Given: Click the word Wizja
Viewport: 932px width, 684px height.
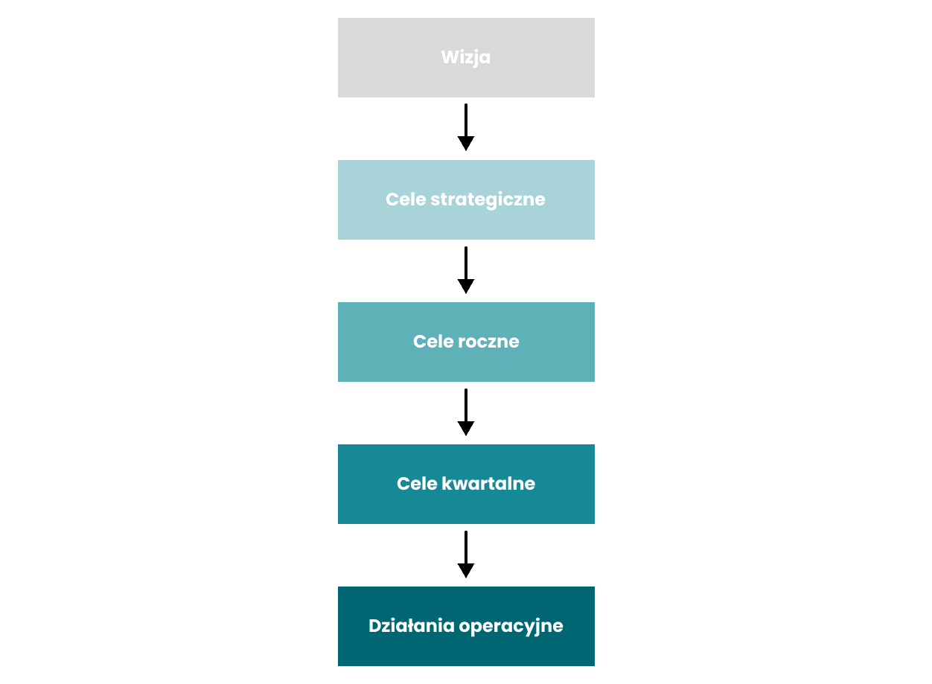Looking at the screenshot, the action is coord(465,57).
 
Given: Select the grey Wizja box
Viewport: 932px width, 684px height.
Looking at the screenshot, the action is coord(466,57).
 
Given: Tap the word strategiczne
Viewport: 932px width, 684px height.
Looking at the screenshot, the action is coord(488,199).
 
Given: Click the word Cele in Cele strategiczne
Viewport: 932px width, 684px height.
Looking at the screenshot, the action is coord(406,199).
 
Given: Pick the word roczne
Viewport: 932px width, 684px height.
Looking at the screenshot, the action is coord(488,342).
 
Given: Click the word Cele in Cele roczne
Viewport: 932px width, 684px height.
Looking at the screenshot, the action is coord(433,342).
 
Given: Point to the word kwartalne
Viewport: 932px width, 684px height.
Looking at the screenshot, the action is coord(488,484).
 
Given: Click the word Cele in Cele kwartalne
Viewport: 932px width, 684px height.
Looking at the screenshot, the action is coord(417,484).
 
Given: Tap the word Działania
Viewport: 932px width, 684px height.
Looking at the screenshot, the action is coord(411,626).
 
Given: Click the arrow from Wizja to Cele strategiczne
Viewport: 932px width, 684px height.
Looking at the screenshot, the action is coord(466,127).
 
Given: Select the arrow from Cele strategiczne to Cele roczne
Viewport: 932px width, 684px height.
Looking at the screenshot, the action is coord(466,270).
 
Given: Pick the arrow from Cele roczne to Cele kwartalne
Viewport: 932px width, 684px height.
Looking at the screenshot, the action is coord(466,412).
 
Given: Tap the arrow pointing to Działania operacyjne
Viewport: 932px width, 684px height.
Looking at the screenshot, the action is coord(466,554).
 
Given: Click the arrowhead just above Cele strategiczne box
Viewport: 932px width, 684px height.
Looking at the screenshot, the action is coord(466,143).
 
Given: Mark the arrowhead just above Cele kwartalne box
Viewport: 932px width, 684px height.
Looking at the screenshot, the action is coord(466,429).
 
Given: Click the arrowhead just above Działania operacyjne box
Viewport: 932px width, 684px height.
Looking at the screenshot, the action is coord(466,571).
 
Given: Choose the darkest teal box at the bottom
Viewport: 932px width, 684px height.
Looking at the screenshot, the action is coord(466,626).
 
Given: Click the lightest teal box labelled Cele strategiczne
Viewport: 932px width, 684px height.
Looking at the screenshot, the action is coord(466,199).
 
